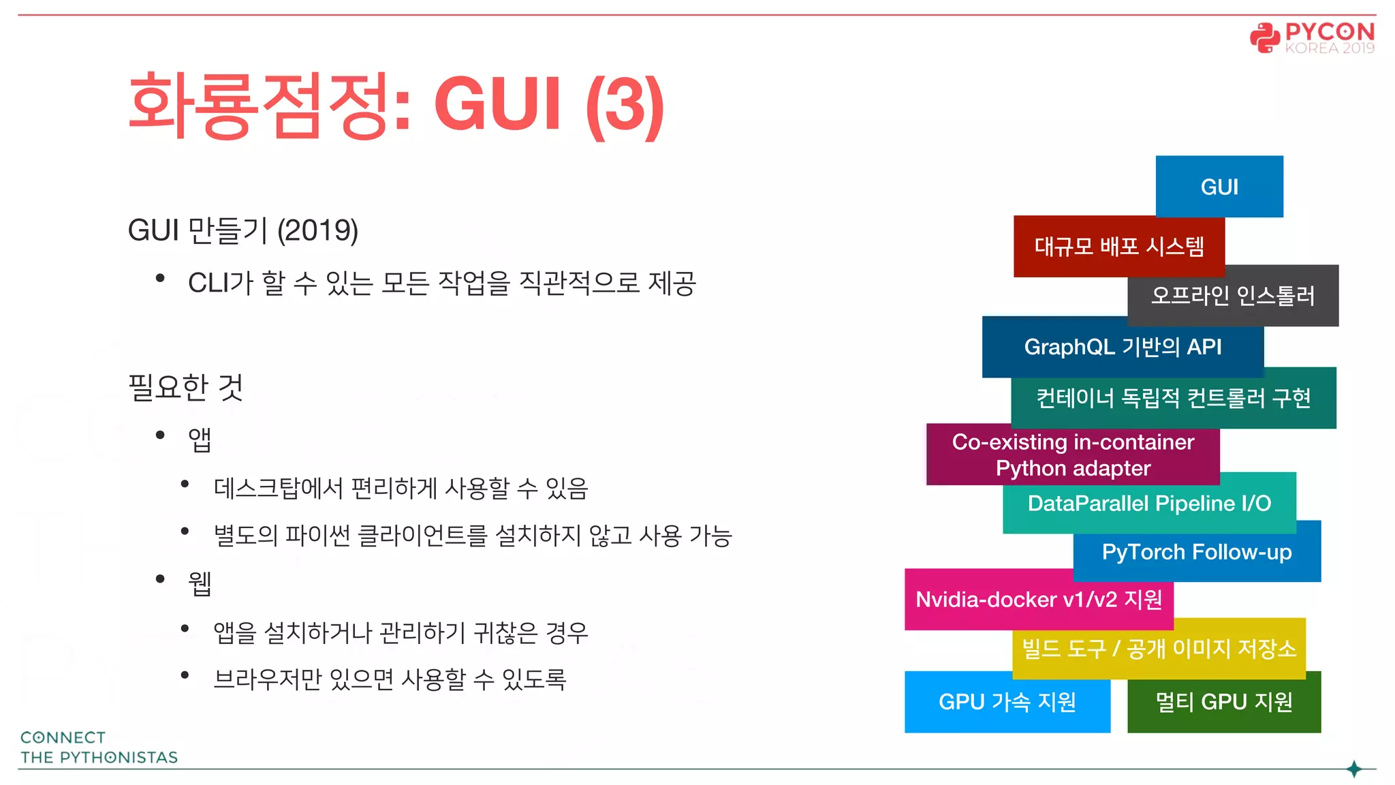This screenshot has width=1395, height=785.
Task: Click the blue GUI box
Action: [x=1219, y=187]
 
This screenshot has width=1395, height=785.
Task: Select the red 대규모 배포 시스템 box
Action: [x=1118, y=246]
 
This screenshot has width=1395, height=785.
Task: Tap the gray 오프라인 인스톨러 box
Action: [x=1233, y=296]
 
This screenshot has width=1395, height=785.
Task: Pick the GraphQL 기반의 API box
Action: [x=1123, y=347]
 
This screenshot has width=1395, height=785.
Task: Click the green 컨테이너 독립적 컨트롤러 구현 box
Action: [x=1173, y=398]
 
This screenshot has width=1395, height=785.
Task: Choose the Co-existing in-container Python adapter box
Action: [x=1073, y=455]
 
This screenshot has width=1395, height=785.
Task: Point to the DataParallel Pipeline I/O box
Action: [x=1149, y=503]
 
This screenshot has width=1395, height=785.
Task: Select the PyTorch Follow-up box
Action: [x=1197, y=552]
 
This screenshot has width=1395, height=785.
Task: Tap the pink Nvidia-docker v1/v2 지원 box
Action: [x=1039, y=600]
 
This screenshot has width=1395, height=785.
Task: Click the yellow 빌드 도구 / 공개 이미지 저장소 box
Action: [x=1159, y=648]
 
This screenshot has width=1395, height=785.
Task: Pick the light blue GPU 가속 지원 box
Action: [x=1007, y=702]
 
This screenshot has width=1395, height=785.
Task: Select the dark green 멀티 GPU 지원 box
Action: [x=1224, y=702]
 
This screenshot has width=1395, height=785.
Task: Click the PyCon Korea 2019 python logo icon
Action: [x=1265, y=37]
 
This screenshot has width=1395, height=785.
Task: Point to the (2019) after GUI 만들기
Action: [x=317, y=230]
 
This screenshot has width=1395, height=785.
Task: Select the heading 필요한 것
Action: [x=185, y=387]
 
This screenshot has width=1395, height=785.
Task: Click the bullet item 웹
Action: [x=200, y=583]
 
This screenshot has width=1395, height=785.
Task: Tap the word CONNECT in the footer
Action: [x=63, y=737]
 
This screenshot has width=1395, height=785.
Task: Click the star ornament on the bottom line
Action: [x=1354, y=769]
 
